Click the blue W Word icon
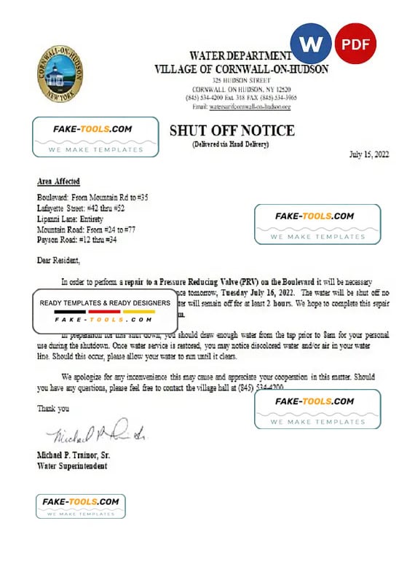[311, 44]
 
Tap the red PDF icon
[355, 44]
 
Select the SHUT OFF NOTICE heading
[232, 131]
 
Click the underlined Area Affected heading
[58, 181]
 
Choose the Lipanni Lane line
[70, 219]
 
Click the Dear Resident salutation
[59, 260]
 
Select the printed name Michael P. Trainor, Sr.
[74, 455]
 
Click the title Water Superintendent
[73, 466]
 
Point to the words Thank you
[53, 409]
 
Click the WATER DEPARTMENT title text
[240, 56]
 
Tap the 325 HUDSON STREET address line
[240, 79]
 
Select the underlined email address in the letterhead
[250, 106]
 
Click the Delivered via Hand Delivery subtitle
[231, 145]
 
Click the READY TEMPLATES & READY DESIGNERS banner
[105, 303]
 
